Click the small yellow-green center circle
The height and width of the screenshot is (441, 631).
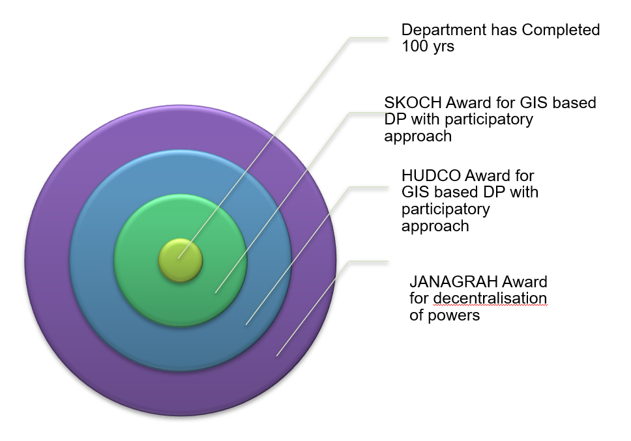pos(181,260)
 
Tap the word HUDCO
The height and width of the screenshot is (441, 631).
pos(431,176)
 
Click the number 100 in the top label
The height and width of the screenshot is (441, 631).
pos(415,46)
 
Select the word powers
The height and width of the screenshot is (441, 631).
pos(454,315)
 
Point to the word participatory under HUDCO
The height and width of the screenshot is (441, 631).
pos(445,210)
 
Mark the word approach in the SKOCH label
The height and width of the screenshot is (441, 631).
pos(418,137)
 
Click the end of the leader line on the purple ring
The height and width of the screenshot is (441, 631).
pos(276,356)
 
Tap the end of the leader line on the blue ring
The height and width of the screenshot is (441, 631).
pos(246,324)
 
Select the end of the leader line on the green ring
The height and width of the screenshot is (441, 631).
pos(215,292)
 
